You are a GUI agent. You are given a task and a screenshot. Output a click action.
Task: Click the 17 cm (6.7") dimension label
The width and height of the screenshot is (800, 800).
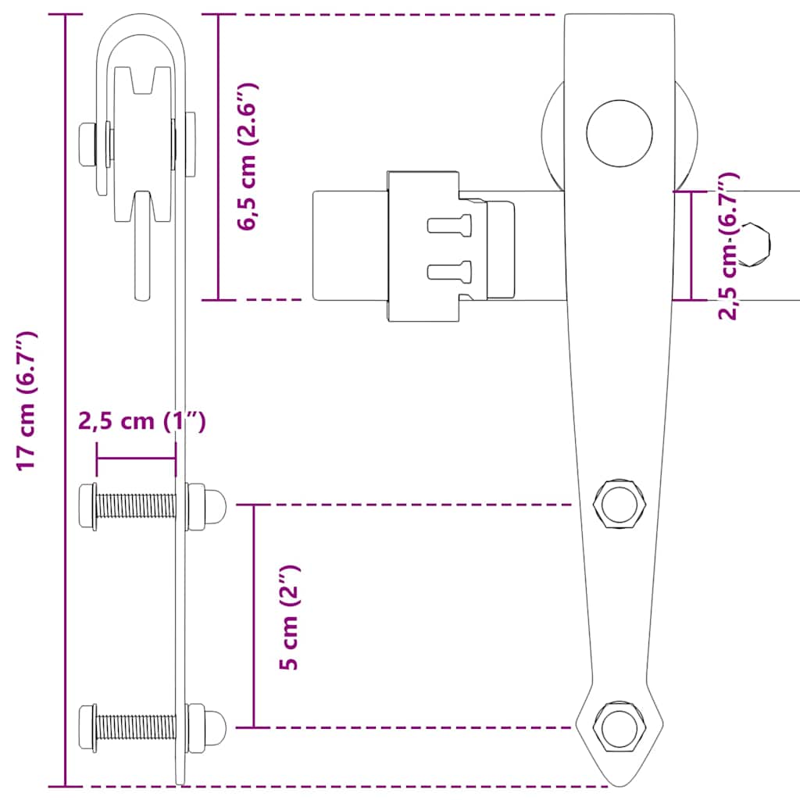click(28, 400)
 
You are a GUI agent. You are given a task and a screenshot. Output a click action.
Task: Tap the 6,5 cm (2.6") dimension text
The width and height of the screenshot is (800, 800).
click(249, 156)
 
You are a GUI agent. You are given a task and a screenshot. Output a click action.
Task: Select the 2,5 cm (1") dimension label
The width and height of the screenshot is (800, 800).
click(141, 422)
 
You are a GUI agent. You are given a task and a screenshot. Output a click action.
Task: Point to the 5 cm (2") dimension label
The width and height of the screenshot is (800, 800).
click(290, 617)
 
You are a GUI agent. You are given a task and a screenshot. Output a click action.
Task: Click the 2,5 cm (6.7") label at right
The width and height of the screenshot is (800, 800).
click(728, 246)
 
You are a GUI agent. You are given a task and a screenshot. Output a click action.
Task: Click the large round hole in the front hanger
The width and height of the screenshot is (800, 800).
click(620, 133)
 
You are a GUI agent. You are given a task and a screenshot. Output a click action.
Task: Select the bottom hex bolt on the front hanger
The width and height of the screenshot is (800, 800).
click(620, 727)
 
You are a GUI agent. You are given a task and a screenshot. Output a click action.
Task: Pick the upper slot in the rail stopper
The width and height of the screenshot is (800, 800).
click(450, 225)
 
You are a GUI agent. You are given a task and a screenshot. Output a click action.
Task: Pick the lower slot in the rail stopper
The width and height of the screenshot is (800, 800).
click(450, 271)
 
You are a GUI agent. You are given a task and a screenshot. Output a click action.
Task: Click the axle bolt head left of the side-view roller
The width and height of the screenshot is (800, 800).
click(87, 145)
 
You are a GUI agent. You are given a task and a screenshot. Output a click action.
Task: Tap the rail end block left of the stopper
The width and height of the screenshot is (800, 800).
click(349, 245)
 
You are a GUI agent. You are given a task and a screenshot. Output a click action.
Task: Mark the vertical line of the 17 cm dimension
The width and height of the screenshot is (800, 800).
click(65, 400)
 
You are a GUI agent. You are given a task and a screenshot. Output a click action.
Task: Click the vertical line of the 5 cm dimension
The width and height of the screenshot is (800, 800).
click(253, 617)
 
